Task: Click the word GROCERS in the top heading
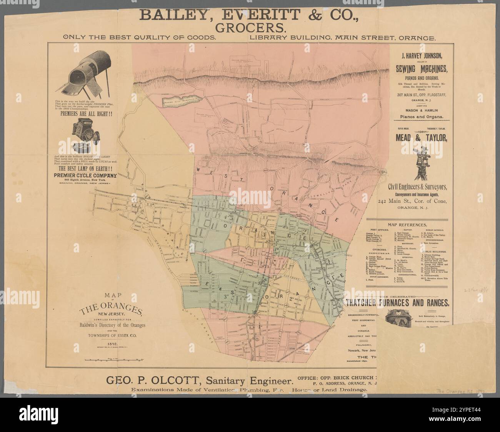tap(250, 28)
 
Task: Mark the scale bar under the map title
tap(113, 359)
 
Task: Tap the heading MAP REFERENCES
tap(408, 225)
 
